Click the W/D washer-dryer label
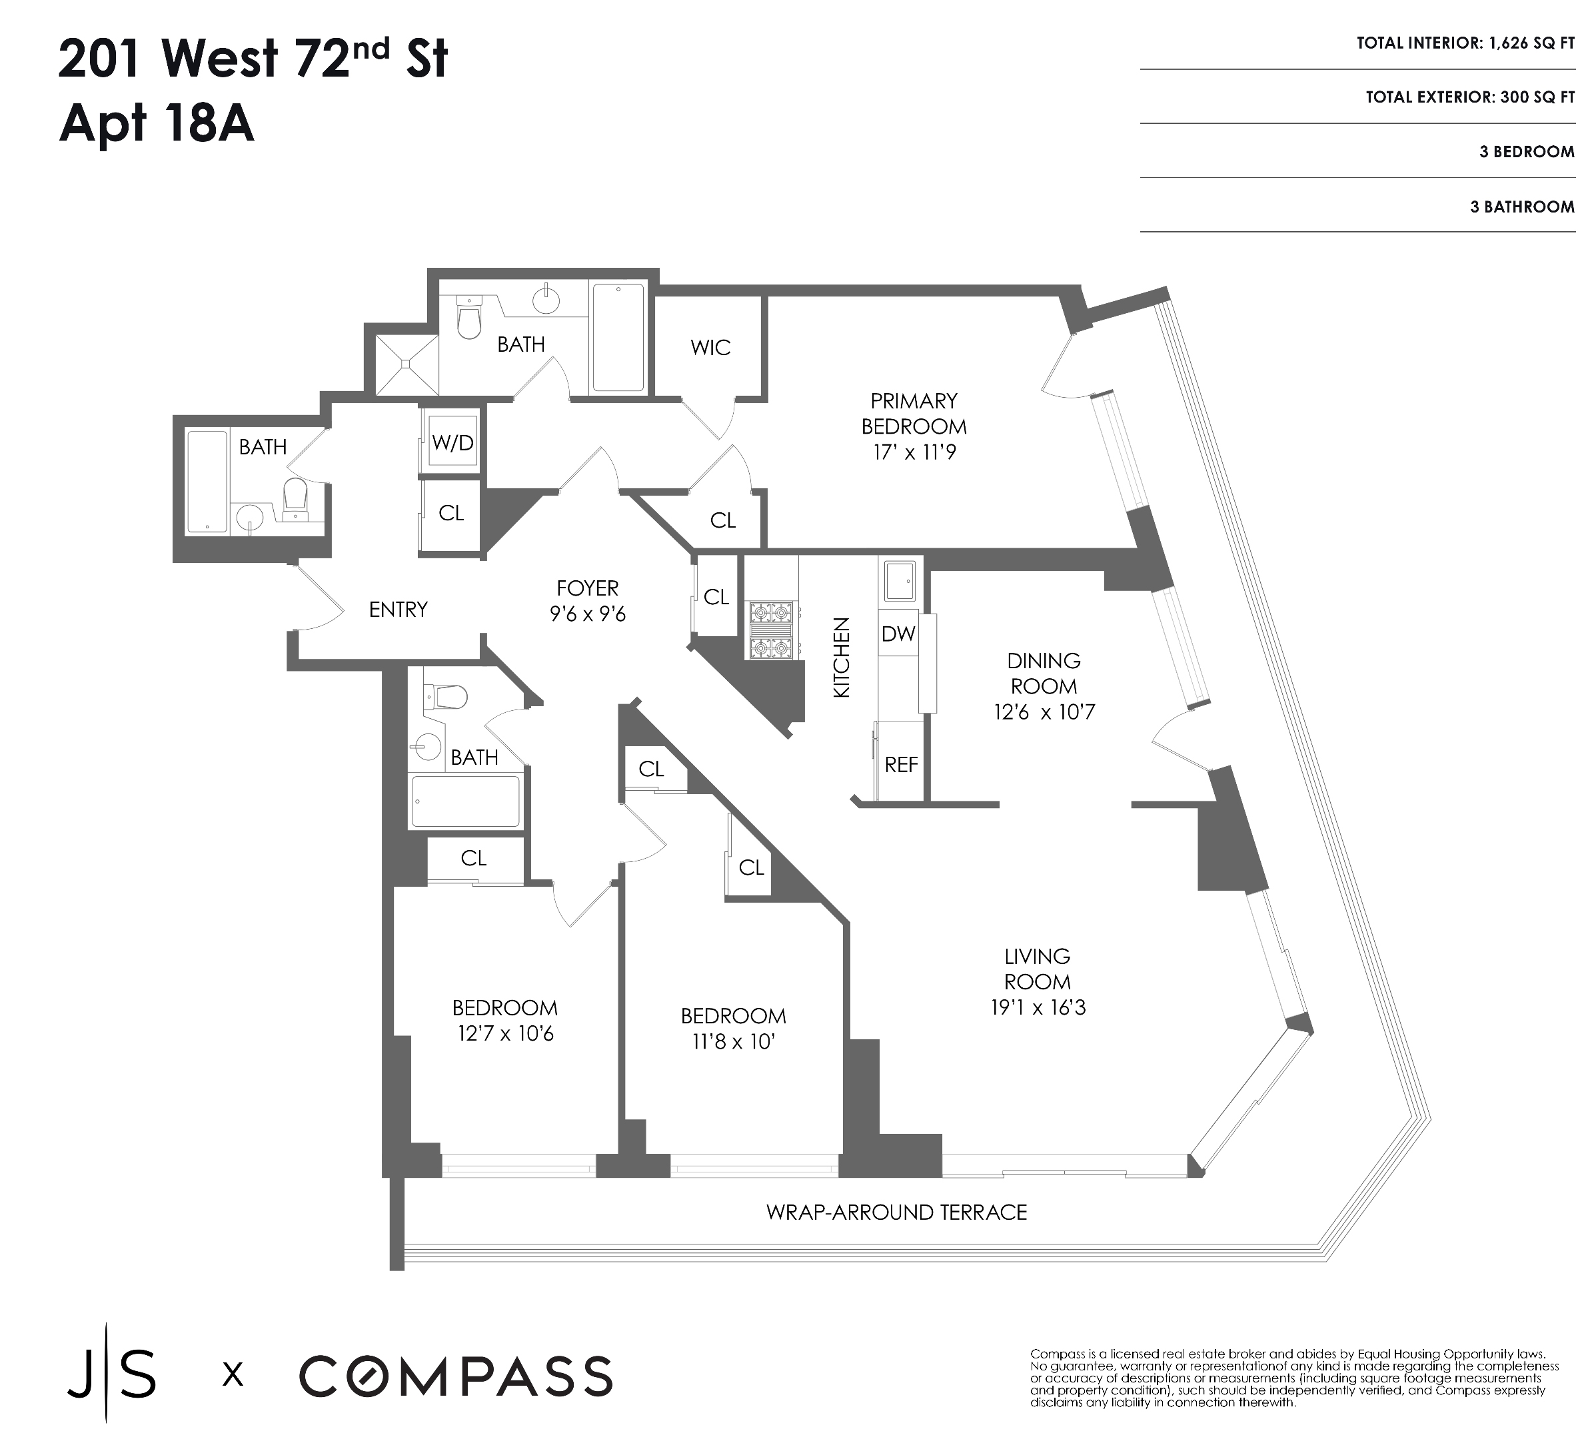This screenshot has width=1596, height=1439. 452,443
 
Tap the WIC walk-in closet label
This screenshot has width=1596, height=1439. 710,348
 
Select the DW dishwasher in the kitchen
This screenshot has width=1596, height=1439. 898,634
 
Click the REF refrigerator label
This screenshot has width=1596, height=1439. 901,765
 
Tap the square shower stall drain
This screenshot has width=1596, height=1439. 406,364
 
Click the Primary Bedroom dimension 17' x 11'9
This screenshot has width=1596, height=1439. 914,453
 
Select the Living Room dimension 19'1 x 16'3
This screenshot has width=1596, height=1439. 1037,1008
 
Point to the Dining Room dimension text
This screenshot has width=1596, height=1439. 1044,712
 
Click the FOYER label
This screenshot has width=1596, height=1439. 587,588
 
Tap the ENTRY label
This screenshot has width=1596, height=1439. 398,610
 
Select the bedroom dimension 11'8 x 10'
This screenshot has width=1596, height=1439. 732,1042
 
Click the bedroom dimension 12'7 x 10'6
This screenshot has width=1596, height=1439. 505,1034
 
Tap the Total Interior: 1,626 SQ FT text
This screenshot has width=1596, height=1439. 1465,43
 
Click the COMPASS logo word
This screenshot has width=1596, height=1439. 456,1376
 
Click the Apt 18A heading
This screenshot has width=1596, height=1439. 157,124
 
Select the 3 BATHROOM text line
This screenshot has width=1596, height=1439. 1521,207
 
